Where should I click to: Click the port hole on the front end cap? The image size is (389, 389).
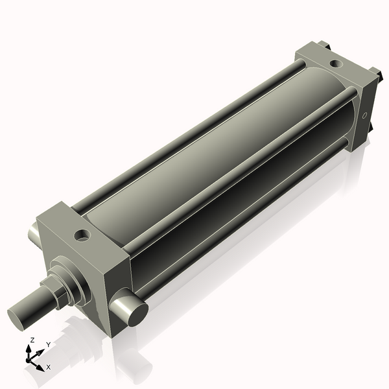coord(82,234)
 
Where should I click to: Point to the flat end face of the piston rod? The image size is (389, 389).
coord(19,317)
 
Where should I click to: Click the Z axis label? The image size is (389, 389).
coord(31,340)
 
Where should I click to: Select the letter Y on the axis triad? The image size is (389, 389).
coord(48,345)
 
